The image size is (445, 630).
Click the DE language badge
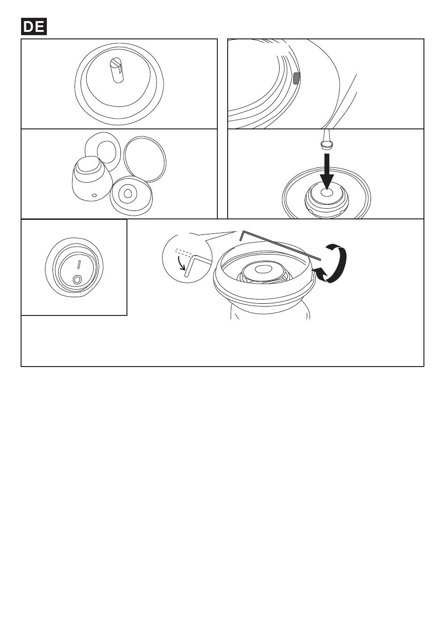click(34, 27)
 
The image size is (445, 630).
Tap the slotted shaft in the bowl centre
click(117, 70)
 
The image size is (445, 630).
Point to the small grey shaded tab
click(297, 78)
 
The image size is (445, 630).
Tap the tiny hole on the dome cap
click(95, 195)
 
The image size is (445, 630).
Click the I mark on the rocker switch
click(79, 264)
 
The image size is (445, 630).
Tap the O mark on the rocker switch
click(77, 279)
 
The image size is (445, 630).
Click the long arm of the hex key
click(281, 245)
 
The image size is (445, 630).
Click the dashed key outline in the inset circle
click(185, 252)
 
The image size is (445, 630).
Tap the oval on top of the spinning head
click(263, 269)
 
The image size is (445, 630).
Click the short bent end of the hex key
click(242, 236)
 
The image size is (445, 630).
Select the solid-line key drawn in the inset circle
click(197, 264)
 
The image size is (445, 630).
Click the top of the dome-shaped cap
click(88, 164)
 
